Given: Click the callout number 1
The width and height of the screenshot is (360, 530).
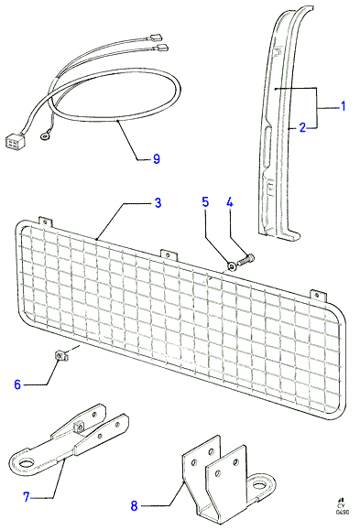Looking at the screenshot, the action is pyautogui.click(x=344, y=106).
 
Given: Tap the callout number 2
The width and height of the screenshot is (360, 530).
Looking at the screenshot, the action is pyautogui.click(x=302, y=127).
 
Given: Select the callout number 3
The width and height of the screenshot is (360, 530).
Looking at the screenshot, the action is pyautogui.click(x=158, y=203).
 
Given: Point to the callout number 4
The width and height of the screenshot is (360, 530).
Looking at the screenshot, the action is pyautogui.click(x=230, y=202).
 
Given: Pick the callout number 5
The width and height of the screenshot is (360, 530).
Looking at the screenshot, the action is pyautogui.click(x=205, y=201).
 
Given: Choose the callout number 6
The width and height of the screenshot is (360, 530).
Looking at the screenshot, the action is pyautogui.click(x=17, y=384).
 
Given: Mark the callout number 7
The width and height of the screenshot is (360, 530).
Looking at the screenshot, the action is pyautogui.click(x=27, y=497).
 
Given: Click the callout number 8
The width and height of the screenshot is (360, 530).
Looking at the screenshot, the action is pyautogui.click(x=134, y=506).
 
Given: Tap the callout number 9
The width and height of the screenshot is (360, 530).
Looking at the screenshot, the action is pyautogui.click(x=156, y=159).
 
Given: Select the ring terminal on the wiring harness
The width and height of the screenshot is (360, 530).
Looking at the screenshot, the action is pyautogui.click(x=44, y=136).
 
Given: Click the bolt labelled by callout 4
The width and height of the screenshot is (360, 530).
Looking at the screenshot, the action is pyautogui.click(x=246, y=260).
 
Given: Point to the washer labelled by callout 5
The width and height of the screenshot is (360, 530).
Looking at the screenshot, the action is pyautogui.click(x=232, y=266).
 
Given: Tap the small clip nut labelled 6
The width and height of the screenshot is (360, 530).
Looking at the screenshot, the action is pyautogui.click(x=60, y=355).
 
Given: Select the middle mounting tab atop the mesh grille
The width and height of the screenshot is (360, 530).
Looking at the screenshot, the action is pyautogui.click(x=169, y=254).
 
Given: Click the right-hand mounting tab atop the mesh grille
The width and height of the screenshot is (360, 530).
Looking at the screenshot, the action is pyautogui.click(x=318, y=296).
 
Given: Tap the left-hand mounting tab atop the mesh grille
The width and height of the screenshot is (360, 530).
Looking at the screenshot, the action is pyautogui.click(x=45, y=222).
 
